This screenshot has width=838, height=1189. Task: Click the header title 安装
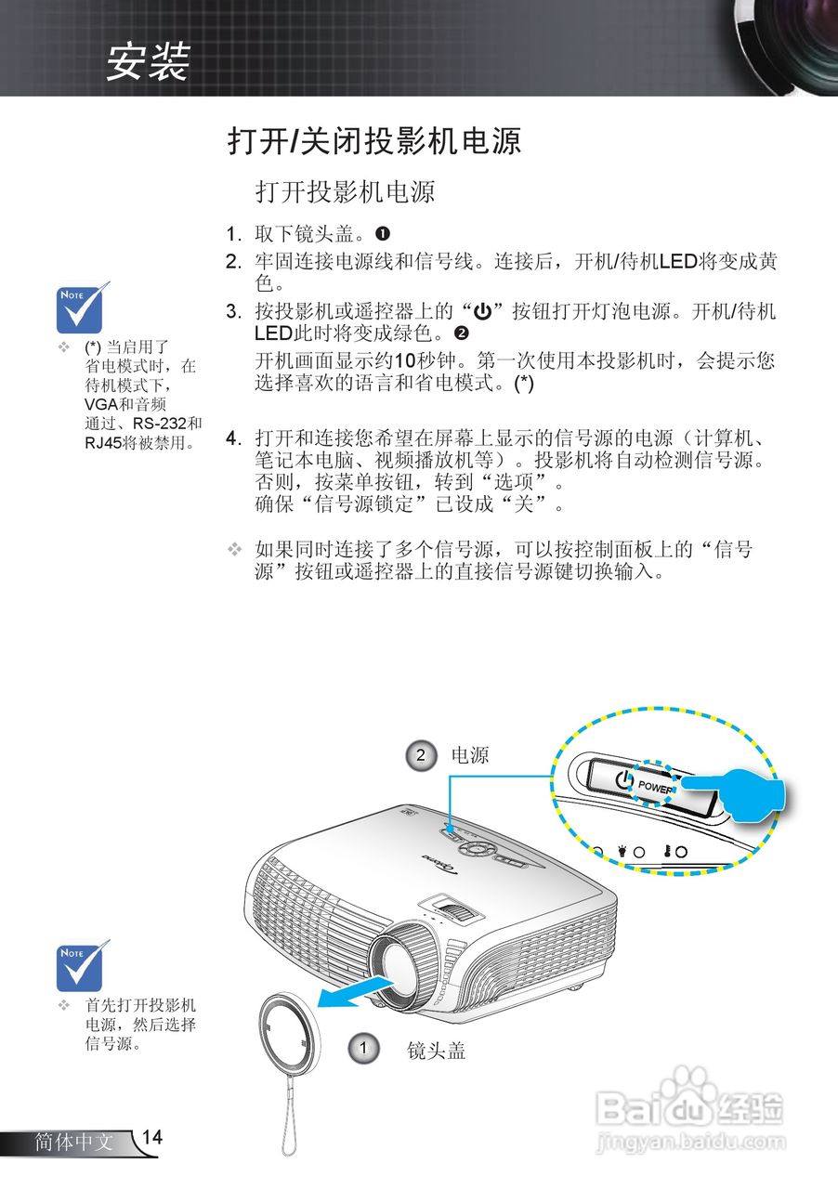[148, 61]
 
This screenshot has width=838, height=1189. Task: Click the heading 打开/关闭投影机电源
[374, 141]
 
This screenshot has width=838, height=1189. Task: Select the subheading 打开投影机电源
[345, 192]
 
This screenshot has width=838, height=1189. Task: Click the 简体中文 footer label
[73, 1142]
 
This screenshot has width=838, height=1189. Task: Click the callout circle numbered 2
[421, 755]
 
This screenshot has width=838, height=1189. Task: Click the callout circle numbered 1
[363, 1049]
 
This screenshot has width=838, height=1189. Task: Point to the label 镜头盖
[436, 1051]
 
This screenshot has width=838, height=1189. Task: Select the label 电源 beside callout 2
[470, 755]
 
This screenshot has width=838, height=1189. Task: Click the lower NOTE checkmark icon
[83, 965]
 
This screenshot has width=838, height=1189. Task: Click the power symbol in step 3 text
[482, 311]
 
